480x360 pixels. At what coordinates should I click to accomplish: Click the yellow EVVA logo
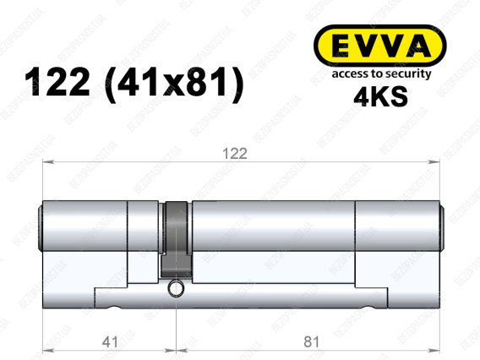click(x=380, y=46)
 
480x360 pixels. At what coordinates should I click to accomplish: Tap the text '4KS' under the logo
click(x=380, y=96)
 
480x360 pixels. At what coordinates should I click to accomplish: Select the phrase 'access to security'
click(x=381, y=74)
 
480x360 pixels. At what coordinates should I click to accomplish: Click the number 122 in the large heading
click(x=57, y=82)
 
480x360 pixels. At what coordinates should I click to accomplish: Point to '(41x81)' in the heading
click(x=174, y=84)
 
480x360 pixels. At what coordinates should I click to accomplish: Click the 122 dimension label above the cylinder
click(x=235, y=153)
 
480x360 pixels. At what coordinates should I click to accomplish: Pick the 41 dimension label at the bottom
click(x=110, y=341)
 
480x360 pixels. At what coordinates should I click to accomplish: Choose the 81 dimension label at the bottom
click(x=312, y=341)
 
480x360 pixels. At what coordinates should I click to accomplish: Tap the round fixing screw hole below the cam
click(x=176, y=289)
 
